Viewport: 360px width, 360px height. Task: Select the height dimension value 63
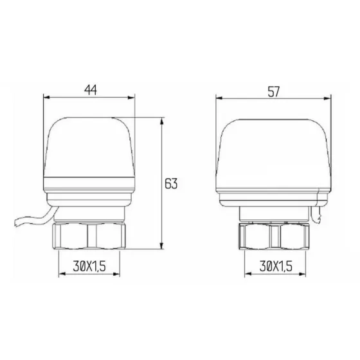pos(170,184)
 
